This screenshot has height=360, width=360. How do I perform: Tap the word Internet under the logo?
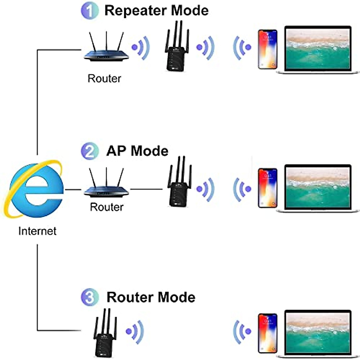click(x=37, y=231)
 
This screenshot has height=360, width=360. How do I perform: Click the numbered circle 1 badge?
click(x=89, y=11)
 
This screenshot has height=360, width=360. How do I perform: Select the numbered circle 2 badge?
click(x=89, y=151)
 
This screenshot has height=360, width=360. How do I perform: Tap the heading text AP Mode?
click(x=137, y=151)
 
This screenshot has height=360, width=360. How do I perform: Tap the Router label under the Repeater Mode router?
click(x=104, y=79)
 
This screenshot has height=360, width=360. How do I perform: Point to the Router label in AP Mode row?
click(x=106, y=207)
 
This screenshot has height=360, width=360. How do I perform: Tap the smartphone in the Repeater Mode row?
click(x=267, y=49)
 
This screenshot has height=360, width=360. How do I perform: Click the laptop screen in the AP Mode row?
click(x=317, y=187)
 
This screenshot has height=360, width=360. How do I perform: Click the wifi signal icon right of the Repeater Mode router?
click(x=141, y=47)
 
